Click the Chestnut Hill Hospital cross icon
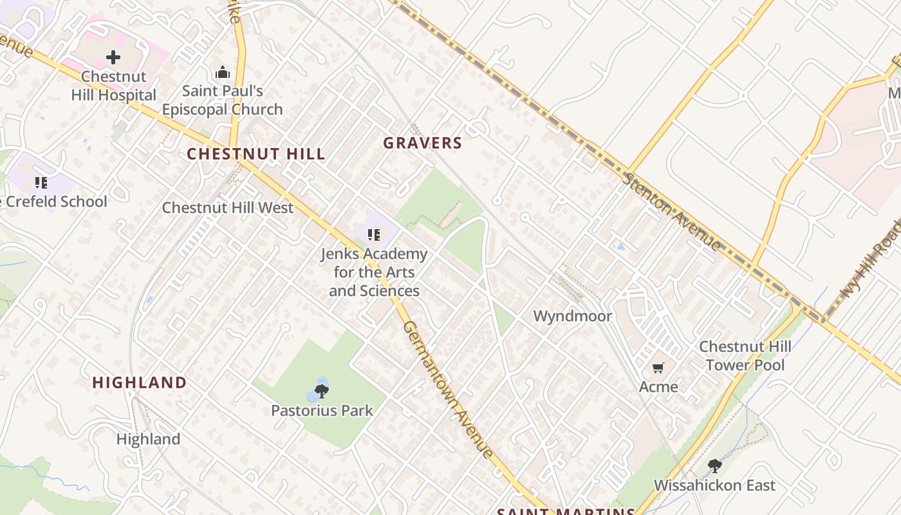pyautogui.click(x=113, y=57)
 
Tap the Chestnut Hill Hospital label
pyautogui.click(x=113, y=86)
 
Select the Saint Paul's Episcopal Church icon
pyautogui.click(x=223, y=72)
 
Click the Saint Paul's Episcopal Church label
pyautogui.click(x=222, y=100)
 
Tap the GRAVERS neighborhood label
pyautogui.click(x=423, y=144)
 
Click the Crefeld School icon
pyautogui.click(x=41, y=183)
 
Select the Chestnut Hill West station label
pyautogui.click(x=227, y=208)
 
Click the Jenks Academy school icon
pyautogui.click(x=374, y=235)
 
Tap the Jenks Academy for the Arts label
pyautogui.click(x=374, y=272)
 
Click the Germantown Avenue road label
pyautogui.click(x=448, y=390)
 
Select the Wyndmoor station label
pyautogui.click(x=573, y=316)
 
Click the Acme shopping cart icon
pyautogui.click(x=658, y=368)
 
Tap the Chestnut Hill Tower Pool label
pyautogui.click(x=745, y=356)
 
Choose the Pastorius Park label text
pyautogui.click(x=322, y=410)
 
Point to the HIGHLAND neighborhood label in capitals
pyautogui.click(x=140, y=382)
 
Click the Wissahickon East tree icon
pyautogui.click(x=714, y=466)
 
